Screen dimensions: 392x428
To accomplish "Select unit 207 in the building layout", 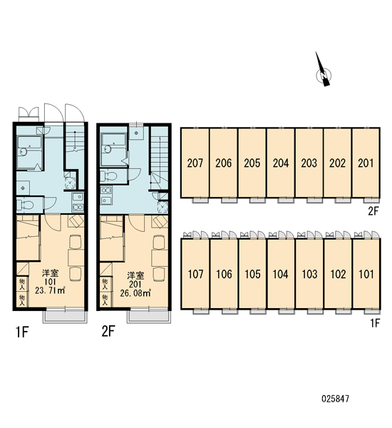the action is tap(195, 163).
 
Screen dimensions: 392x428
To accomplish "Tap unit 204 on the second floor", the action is tap(281, 163).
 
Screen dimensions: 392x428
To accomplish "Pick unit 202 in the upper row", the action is tap(337, 163).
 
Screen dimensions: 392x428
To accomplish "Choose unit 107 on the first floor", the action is tap(195, 274).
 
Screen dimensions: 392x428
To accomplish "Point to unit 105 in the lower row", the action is tap(252, 274).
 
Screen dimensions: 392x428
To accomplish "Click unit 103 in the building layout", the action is tap(309, 274).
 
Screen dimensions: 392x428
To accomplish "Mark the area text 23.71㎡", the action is tap(50, 290).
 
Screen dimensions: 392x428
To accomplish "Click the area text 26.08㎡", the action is tap(135, 293).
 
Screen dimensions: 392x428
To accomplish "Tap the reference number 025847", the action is tap(335, 399).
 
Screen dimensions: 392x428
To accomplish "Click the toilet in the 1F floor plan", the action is tap(25, 205).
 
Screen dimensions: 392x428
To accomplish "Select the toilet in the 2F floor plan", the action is tap(108, 176).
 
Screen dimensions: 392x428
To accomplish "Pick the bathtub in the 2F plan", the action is tap(113, 149).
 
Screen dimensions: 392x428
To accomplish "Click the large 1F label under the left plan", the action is tap(22, 332).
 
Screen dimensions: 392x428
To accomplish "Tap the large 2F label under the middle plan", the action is tap(108, 331).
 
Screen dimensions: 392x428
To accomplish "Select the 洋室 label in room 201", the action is tap(135, 275).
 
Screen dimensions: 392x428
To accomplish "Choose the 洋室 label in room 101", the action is tap(50, 273).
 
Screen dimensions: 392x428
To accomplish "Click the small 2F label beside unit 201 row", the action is tap(373, 210).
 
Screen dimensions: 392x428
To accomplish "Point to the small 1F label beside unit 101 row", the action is tap(375, 323).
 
